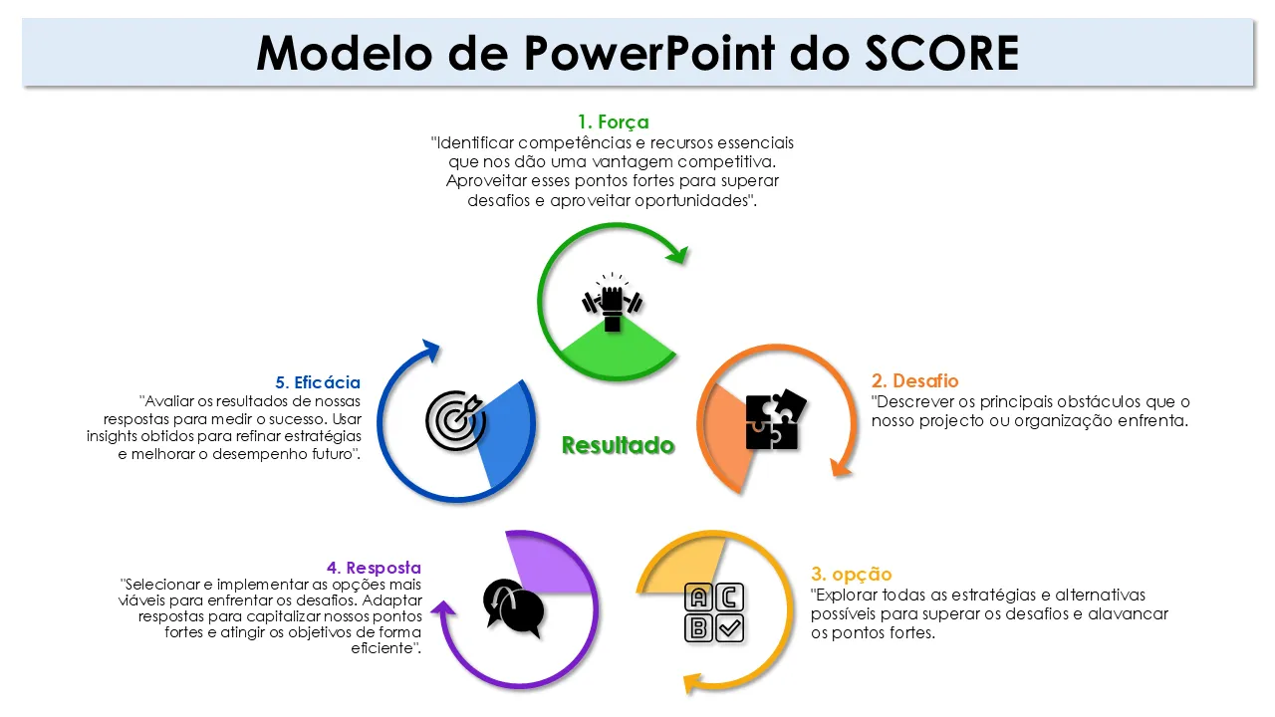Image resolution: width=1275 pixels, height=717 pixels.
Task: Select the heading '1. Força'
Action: click(x=613, y=122)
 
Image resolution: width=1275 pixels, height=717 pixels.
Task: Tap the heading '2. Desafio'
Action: click(x=914, y=381)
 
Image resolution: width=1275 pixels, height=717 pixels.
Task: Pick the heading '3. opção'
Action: click(x=851, y=575)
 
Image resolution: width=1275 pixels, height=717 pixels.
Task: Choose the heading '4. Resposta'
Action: click(x=374, y=568)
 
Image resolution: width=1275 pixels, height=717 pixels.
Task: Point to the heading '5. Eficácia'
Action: click(x=318, y=382)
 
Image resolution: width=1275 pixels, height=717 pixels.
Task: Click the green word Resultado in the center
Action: click(x=618, y=445)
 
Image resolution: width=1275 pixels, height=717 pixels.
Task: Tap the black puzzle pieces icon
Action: click(x=775, y=420)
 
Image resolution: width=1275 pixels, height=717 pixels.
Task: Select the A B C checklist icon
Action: click(x=715, y=612)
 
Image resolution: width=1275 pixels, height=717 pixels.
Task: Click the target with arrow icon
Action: click(x=454, y=419)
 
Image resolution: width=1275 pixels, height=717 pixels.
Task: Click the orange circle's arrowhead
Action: click(x=843, y=464)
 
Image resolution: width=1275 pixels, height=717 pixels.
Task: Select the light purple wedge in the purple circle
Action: click(x=543, y=563)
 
